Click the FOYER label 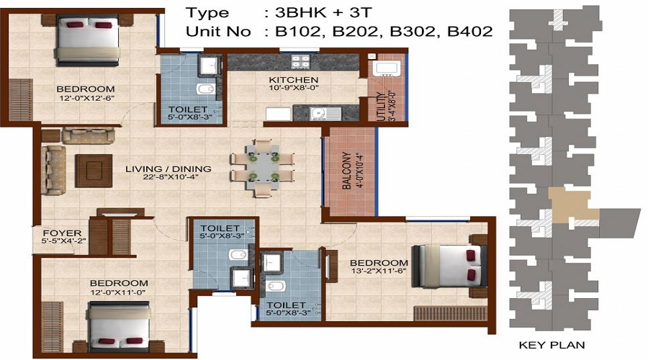[x=57, y=233]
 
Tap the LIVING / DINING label [x=168, y=169]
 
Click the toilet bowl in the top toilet [x=205, y=90]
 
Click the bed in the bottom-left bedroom [x=119, y=327]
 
